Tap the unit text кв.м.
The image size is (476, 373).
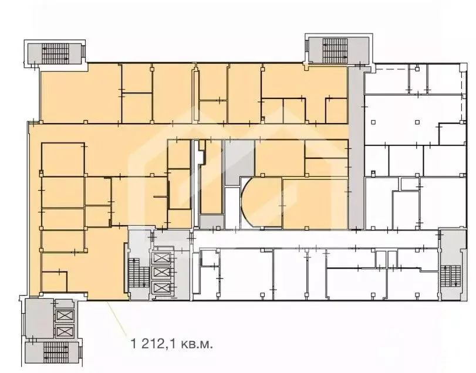(195, 343)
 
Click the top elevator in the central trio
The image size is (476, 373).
(160, 258)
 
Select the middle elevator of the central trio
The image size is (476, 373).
(160, 273)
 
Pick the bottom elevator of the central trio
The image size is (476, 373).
(160, 288)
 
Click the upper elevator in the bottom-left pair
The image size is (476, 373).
(62, 314)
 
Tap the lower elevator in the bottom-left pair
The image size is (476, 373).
(62, 330)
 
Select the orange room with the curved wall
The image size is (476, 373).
(261, 203)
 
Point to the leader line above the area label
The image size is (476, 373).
(117, 317)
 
